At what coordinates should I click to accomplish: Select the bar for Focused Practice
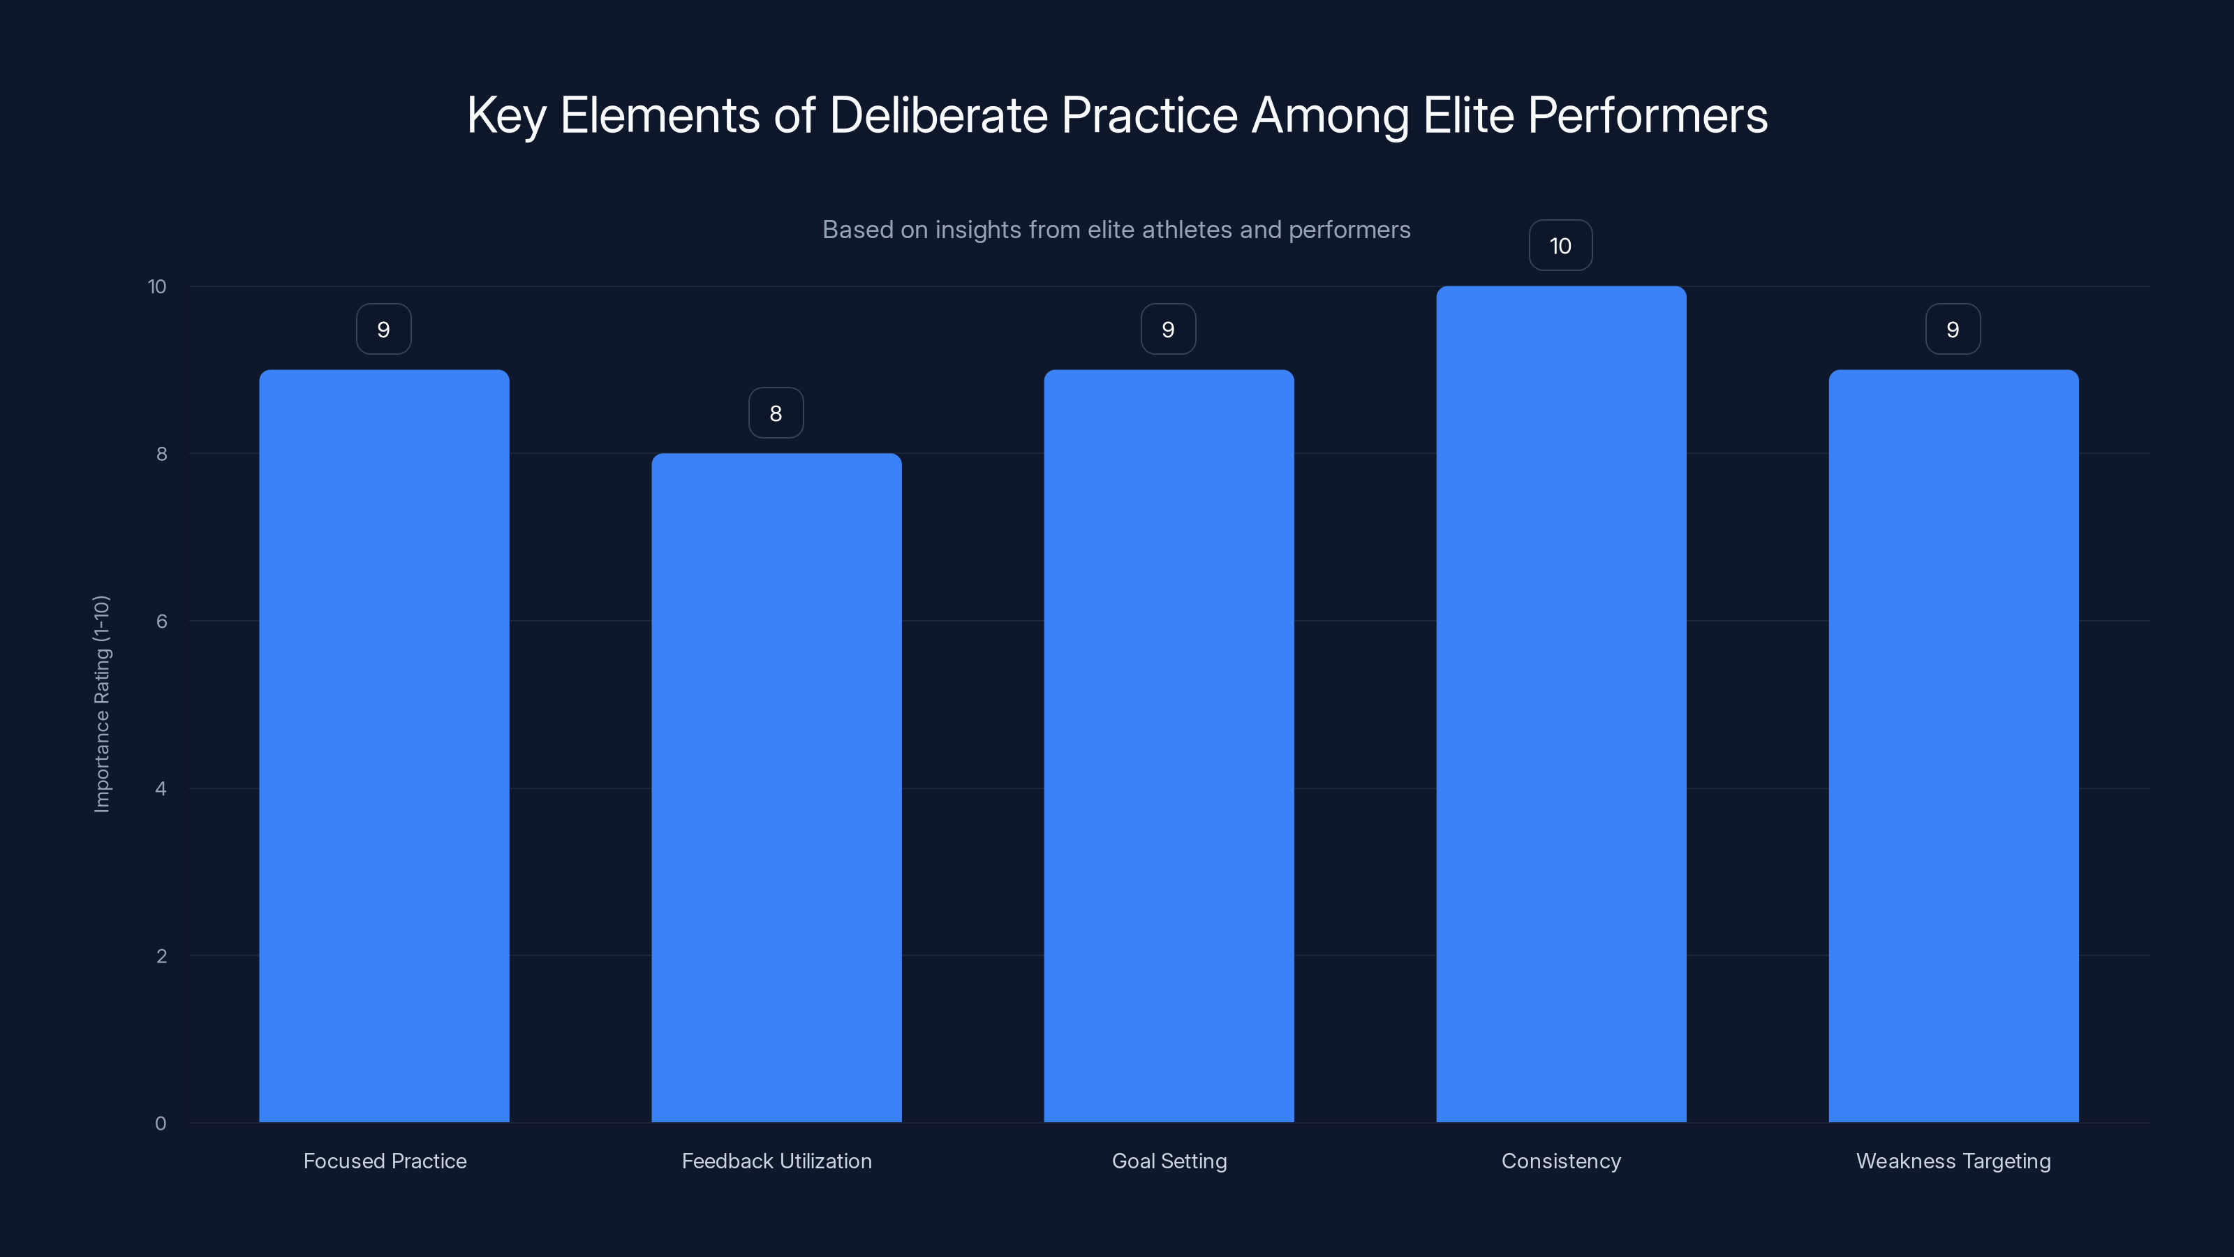(384, 746)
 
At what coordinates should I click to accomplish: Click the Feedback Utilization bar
(776, 788)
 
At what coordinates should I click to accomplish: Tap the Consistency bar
(1561, 705)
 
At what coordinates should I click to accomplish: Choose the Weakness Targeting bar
(1953, 746)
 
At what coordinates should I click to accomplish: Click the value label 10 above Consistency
(1560, 246)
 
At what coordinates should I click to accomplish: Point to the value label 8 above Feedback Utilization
(776, 413)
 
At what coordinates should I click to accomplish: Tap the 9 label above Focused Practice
(383, 329)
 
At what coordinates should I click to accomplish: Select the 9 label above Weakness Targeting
(1952, 329)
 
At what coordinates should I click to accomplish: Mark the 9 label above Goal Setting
(1167, 329)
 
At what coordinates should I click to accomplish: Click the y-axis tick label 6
(161, 621)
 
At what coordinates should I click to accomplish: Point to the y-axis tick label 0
(161, 1124)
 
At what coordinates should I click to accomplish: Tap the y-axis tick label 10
(157, 286)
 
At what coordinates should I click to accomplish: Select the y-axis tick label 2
(161, 956)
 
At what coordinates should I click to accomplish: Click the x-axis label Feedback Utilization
(776, 1161)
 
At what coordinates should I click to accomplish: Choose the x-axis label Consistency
(1561, 1161)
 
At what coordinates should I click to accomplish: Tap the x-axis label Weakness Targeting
(1953, 1161)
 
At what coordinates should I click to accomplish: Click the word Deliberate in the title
(938, 115)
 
